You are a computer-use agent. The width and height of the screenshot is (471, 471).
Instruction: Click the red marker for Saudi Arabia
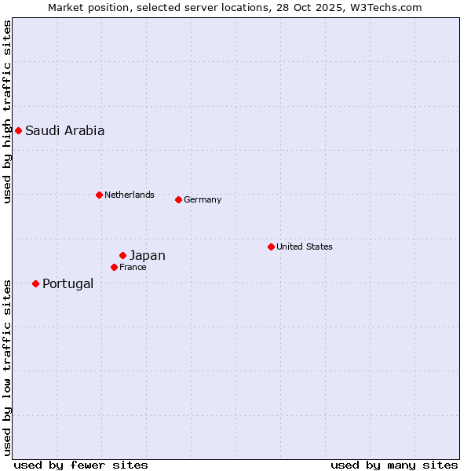pyautogui.click(x=18, y=130)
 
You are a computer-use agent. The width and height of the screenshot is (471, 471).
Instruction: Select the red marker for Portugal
pyautogui.click(x=35, y=283)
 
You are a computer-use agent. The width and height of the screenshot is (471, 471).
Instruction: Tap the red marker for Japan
pyautogui.click(x=122, y=255)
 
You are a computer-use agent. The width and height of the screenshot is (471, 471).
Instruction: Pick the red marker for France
pyautogui.click(x=114, y=267)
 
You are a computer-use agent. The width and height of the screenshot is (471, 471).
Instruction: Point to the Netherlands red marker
pyautogui.click(x=99, y=195)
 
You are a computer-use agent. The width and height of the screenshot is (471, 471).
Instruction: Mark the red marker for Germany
pyautogui.click(x=178, y=199)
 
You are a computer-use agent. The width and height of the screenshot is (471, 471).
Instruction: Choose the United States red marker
pyautogui.click(x=271, y=246)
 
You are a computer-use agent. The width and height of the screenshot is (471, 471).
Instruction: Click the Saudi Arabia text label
pyautogui.click(x=64, y=131)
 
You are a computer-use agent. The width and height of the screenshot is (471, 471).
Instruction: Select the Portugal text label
pyautogui.click(x=68, y=284)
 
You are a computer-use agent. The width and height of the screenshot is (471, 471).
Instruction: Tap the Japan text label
pyautogui.click(x=147, y=256)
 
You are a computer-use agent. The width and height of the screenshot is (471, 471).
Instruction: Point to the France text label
pyautogui.click(x=133, y=268)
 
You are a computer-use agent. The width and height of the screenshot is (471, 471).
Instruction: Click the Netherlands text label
pyautogui.click(x=129, y=195)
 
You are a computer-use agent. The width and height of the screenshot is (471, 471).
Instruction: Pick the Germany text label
pyautogui.click(x=203, y=200)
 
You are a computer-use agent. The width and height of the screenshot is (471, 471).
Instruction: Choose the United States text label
pyautogui.click(x=304, y=247)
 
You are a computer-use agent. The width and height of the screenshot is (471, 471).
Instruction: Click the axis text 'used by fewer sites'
pyautogui.click(x=81, y=465)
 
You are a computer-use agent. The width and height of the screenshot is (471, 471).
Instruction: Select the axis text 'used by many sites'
pyautogui.click(x=394, y=465)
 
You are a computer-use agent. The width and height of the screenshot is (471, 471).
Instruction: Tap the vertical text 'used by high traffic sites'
pyautogui.click(x=7, y=111)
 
